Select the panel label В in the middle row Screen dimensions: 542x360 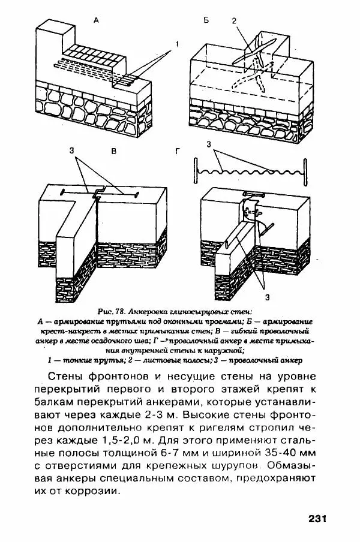(x=113, y=152)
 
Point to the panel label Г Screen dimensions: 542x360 (x=178, y=152)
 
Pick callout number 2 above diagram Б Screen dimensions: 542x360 (x=235, y=21)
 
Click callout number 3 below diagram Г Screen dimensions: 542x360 (x=266, y=296)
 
